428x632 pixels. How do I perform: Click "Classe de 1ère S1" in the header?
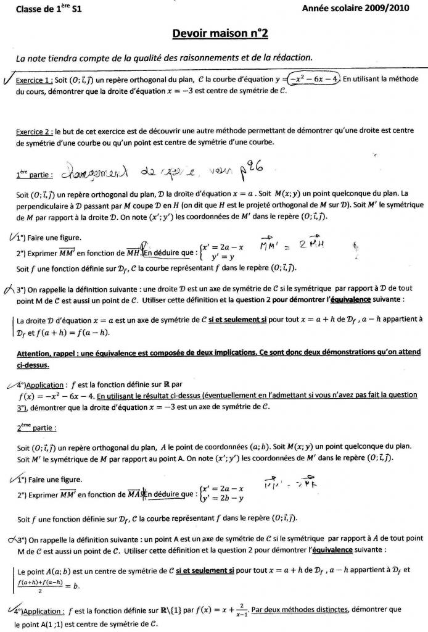coord(48,9)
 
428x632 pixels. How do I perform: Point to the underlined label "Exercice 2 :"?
coord(34,132)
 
